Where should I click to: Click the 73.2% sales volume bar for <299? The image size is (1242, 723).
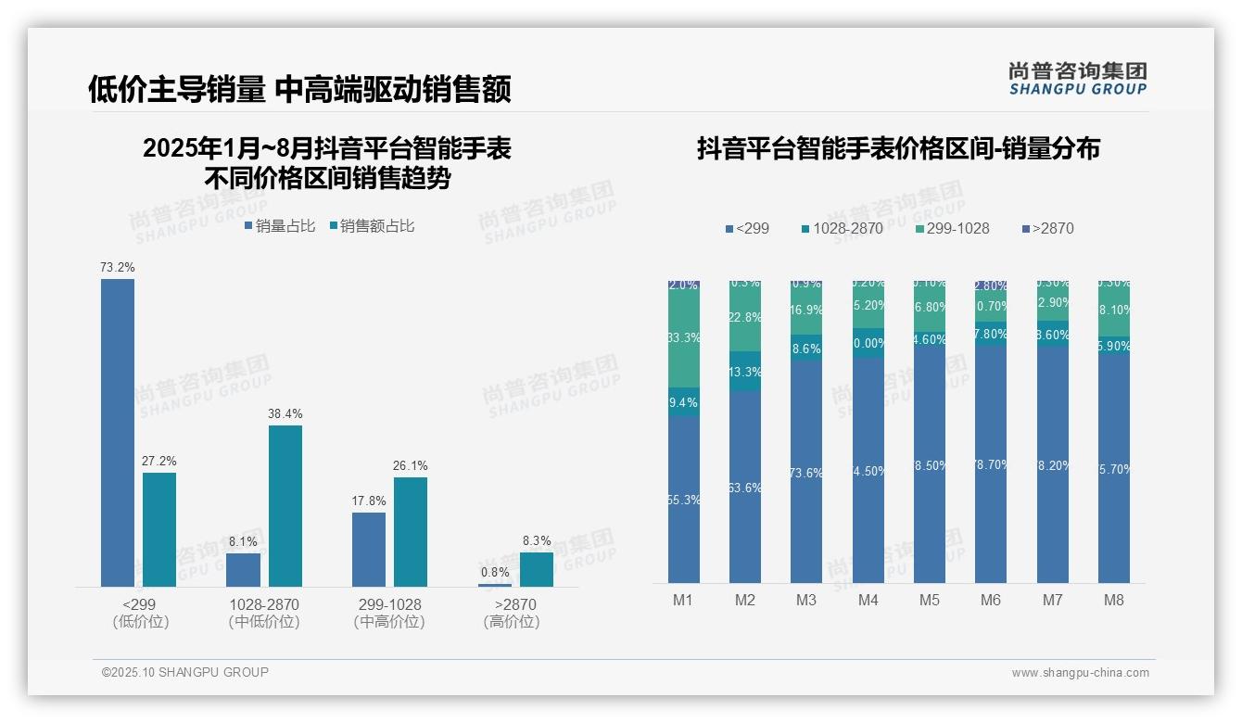(x=118, y=432)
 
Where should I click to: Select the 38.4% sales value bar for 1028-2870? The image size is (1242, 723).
(x=285, y=505)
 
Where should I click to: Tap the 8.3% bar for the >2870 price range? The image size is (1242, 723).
(x=536, y=569)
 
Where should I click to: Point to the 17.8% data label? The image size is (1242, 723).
(x=369, y=501)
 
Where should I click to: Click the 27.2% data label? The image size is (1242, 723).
(x=158, y=462)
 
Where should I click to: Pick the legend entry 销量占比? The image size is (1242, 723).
(x=280, y=226)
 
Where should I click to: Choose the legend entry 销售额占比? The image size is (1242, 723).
(x=372, y=226)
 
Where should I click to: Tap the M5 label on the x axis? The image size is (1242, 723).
(x=929, y=601)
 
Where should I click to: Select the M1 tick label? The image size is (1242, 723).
(x=683, y=601)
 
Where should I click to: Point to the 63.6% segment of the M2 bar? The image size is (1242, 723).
(x=744, y=487)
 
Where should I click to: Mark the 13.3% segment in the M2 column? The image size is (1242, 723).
(x=744, y=371)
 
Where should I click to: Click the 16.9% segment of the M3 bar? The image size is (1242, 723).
(x=806, y=311)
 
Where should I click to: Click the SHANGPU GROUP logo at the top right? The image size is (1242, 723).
(x=1078, y=79)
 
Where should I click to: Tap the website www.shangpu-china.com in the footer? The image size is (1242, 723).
(x=1080, y=673)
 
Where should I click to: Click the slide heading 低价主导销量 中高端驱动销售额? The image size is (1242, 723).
(x=299, y=90)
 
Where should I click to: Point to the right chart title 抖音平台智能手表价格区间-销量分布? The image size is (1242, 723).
(x=898, y=148)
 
